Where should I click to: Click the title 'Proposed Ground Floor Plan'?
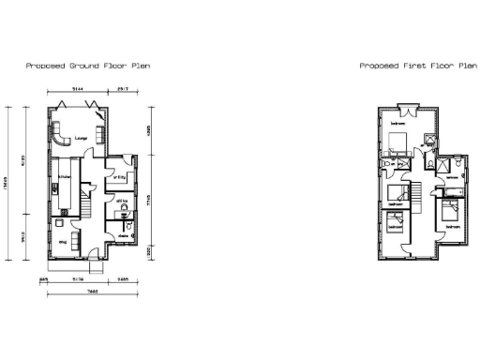87,67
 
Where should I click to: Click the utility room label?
119,177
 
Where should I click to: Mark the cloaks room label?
122,235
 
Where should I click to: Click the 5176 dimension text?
78,278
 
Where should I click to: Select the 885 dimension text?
44,278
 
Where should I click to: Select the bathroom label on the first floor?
452,178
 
